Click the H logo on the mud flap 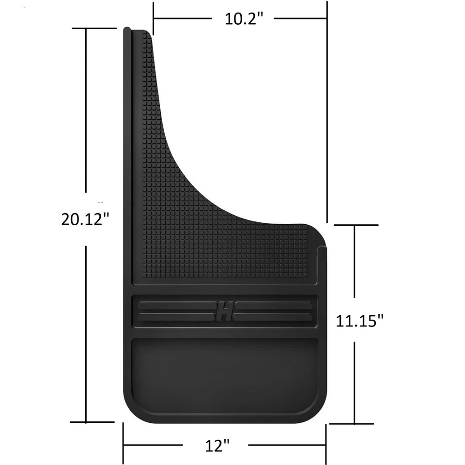224,310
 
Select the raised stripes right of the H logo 274,310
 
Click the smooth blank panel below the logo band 224,375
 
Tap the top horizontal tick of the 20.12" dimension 94,28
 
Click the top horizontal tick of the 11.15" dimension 356,225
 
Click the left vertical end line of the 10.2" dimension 153,18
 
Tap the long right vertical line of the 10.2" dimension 327,111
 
